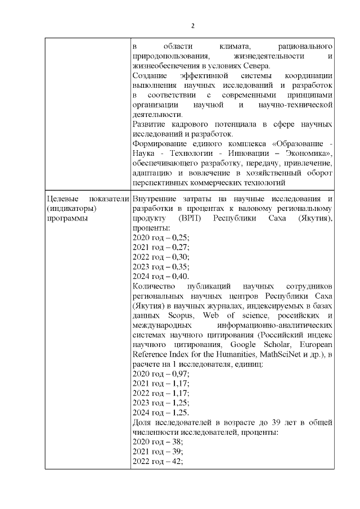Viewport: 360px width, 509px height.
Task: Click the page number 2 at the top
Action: (193, 26)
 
